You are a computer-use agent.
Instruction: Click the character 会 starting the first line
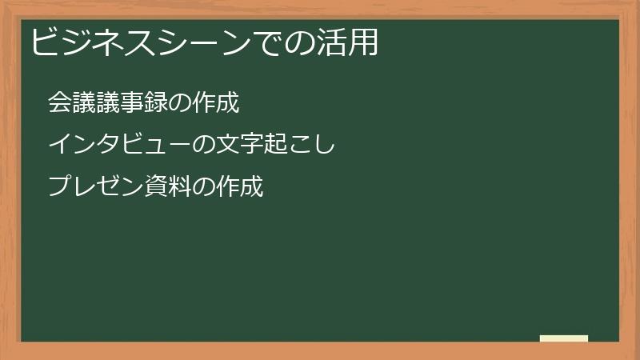click(58, 102)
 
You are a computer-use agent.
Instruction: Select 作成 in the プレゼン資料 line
click(239, 187)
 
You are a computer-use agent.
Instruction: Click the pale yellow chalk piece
click(564, 338)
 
